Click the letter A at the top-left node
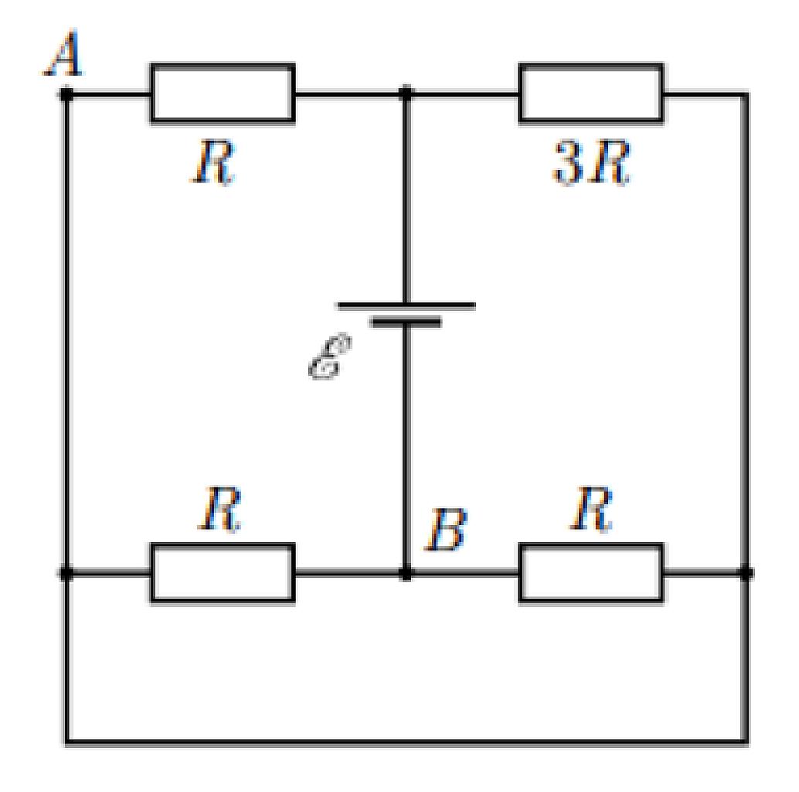pos(63,53)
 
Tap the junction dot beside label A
pos(66,94)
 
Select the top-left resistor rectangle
pos(223,93)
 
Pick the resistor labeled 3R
pos(591,93)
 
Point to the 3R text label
pos(591,162)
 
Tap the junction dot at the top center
pos(406,94)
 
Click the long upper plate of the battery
pos(406,306)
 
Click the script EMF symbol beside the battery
pos(330,357)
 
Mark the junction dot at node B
pos(406,574)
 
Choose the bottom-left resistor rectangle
pos(223,572)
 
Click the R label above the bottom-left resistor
pos(219,508)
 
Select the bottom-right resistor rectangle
pos(591,572)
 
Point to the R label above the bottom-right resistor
pos(591,508)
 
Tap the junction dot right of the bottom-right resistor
pos(746,574)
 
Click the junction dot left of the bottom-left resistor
pos(66,574)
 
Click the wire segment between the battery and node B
pos(406,447)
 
